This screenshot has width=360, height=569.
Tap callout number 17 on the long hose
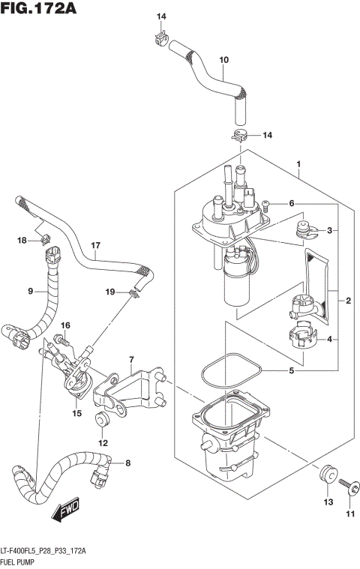[95, 245]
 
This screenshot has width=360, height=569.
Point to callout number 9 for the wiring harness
[30, 291]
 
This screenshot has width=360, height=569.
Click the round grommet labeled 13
[326, 476]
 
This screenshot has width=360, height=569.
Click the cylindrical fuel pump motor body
[236, 281]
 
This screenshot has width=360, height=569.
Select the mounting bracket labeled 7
[135, 390]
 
